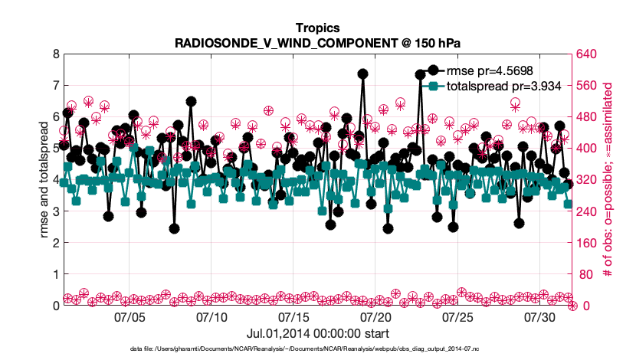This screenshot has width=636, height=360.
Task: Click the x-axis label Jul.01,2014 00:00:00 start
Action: pos(317,333)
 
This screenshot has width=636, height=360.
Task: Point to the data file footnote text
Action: pos(317,349)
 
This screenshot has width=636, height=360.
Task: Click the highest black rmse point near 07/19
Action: pos(362,74)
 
